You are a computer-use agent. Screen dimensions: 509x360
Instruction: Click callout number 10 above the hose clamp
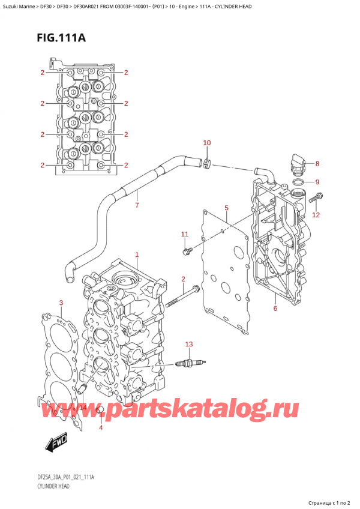pos(207,143)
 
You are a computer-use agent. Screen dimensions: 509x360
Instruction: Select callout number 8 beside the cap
pos(317,163)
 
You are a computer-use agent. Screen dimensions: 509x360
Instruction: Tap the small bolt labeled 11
pos(187,247)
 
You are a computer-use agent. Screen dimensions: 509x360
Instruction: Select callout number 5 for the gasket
pos(226,208)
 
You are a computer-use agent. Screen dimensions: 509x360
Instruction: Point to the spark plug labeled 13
pos(191,363)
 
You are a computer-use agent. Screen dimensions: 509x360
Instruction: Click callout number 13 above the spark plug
pos(189,344)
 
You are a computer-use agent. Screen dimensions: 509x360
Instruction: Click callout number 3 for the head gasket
pos(61,303)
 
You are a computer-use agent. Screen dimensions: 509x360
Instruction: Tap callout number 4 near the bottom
pos(101,427)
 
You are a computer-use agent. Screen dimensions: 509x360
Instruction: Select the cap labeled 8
pos(296,161)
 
